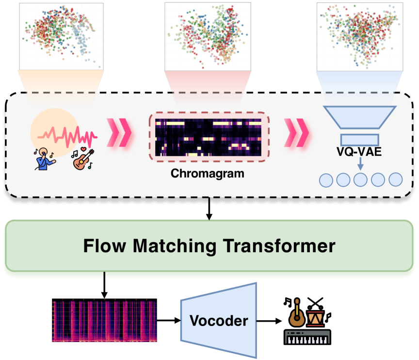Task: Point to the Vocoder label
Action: point(219,321)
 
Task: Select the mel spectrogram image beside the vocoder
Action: point(104,321)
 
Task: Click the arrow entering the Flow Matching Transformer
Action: point(209,209)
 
